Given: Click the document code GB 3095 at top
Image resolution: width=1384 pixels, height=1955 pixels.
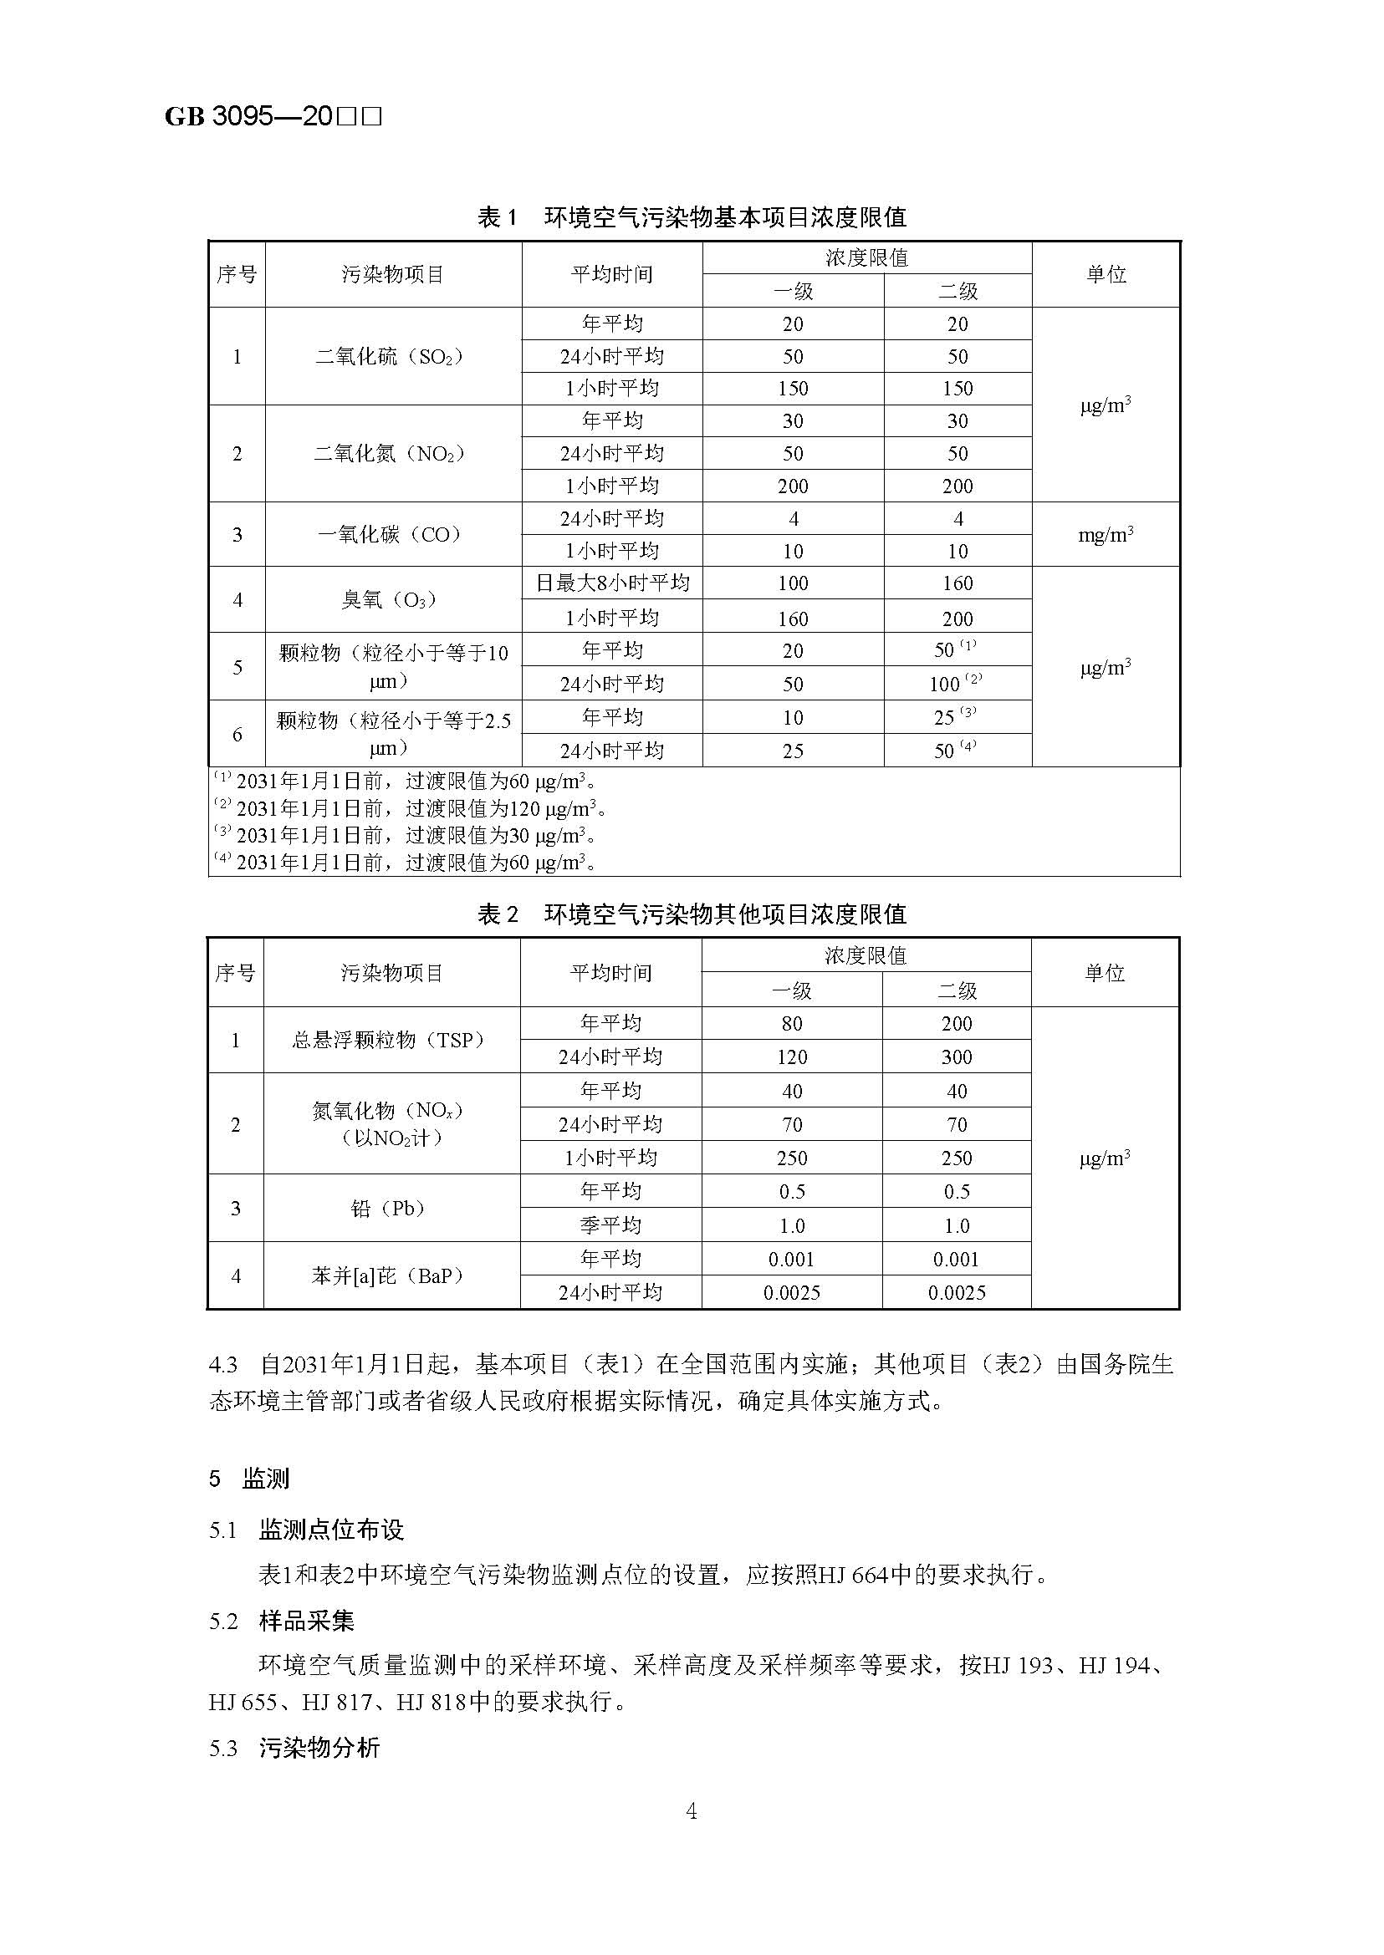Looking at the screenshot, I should tap(273, 116).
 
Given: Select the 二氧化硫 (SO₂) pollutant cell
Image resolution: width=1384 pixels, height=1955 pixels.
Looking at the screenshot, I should tap(392, 356).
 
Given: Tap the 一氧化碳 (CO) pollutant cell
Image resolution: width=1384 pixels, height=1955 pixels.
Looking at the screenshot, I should tap(392, 535).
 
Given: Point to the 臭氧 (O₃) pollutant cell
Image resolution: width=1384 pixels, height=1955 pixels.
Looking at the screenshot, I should tap(392, 599).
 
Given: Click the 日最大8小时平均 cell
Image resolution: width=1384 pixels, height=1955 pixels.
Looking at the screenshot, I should tap(612, 583).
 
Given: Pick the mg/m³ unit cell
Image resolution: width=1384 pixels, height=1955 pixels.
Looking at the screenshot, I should tap(1106, 535).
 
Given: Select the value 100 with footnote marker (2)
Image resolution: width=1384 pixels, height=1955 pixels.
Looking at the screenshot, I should tap(956, 683).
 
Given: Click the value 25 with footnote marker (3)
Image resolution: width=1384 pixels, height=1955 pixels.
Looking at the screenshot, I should tap(954, 717).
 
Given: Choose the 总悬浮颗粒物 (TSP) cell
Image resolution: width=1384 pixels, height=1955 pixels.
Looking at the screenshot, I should tap(391, 1040).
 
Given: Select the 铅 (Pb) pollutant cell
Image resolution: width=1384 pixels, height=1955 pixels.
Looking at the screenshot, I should tap(391, 1208).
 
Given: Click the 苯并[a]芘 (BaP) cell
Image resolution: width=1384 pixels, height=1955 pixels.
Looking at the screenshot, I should tap(391, 1275).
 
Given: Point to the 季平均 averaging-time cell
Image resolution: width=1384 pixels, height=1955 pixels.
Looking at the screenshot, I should tap(610, 1225).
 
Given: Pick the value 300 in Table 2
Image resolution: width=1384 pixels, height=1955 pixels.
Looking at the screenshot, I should tap(956, 1057).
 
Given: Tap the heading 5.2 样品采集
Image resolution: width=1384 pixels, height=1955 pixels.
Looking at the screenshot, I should tap(281, 1621).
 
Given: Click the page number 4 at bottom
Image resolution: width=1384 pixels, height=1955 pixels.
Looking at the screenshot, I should tap(691, 1812).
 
